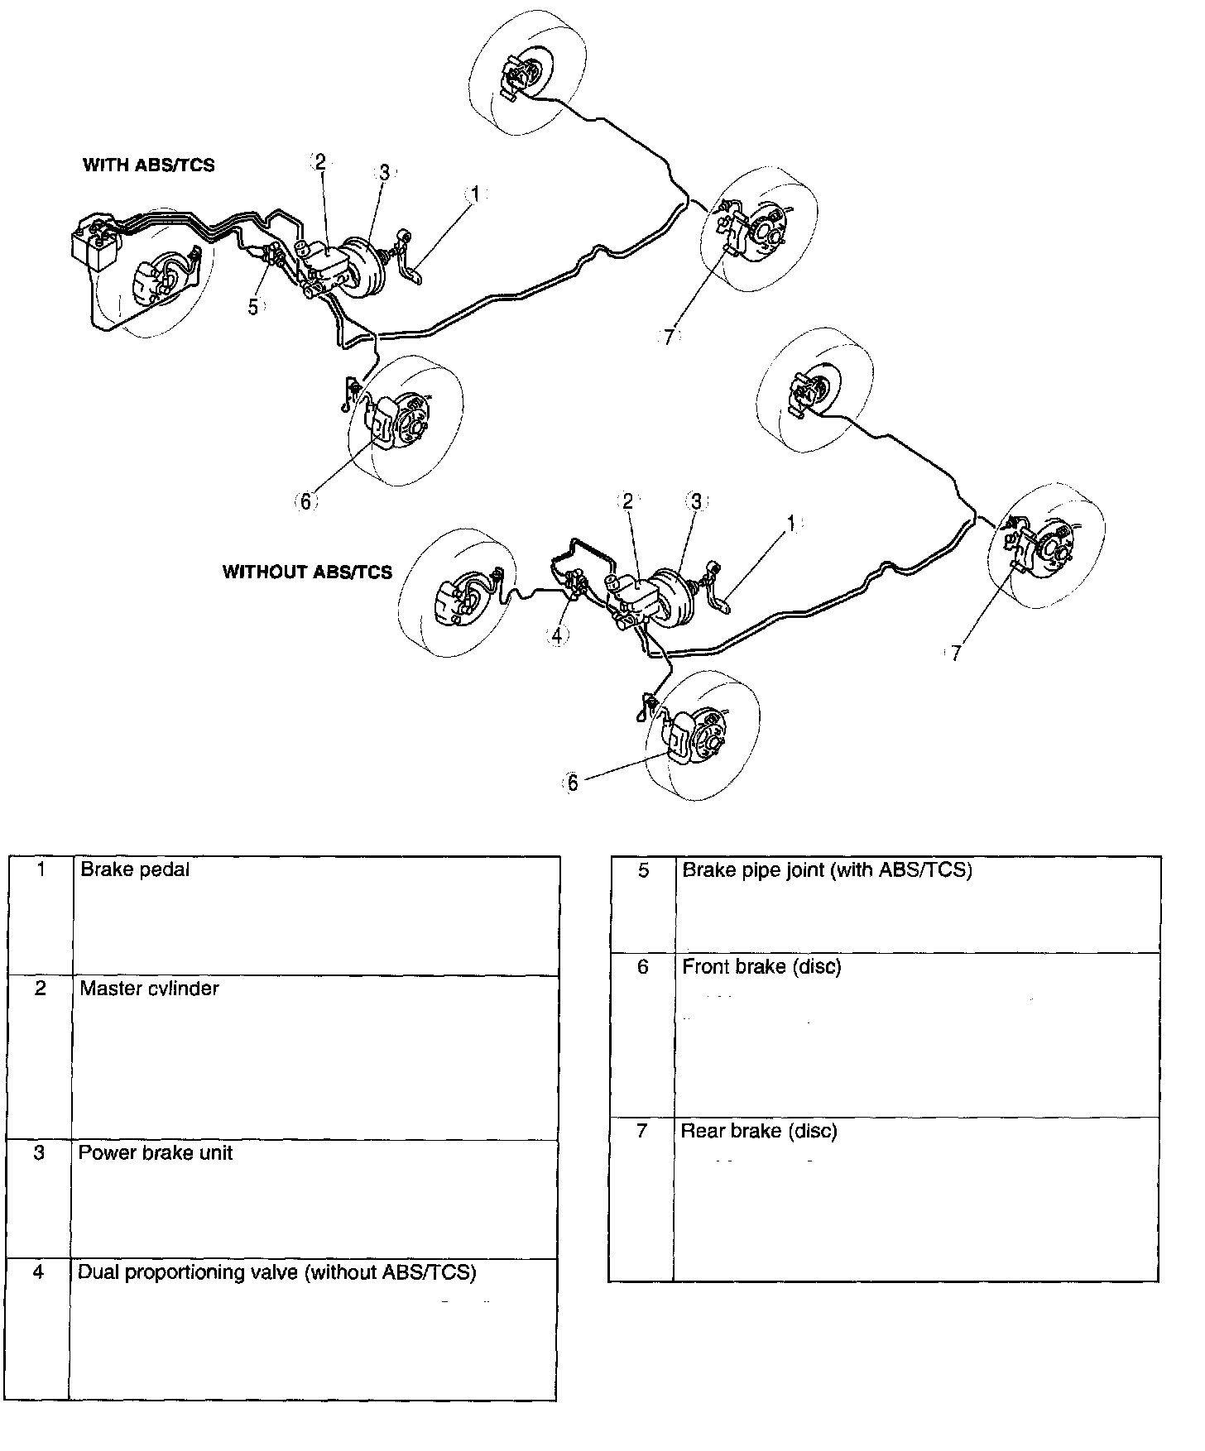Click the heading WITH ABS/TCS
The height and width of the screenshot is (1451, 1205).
point(148,165)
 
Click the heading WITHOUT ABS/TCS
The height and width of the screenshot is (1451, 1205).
point(307,572)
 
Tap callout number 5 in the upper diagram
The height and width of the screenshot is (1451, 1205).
point(253,306)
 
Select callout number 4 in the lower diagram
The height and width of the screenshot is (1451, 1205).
point(557,635)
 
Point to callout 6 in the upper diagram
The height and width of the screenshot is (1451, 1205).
point(305,501)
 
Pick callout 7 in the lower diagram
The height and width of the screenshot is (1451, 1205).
point(956,653)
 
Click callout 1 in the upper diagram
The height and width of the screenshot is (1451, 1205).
point(474,194)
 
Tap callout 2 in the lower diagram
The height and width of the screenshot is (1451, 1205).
point(627,500)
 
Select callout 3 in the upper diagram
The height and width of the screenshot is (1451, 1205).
point(384,173)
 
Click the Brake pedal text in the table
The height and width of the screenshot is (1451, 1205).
point(135,869)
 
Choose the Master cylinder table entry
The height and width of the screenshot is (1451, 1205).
point(149,989)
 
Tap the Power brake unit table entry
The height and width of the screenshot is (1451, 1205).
point(155,1153)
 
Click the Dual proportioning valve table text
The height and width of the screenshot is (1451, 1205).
point(276,1272)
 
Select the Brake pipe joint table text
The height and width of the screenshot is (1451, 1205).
point(826,869)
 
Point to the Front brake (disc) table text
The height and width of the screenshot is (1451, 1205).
point(761,966)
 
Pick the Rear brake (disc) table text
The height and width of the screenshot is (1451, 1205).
point(759,1131)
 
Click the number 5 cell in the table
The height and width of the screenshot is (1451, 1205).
point(643,870)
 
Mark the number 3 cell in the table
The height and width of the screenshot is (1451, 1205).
point(39,1153)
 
